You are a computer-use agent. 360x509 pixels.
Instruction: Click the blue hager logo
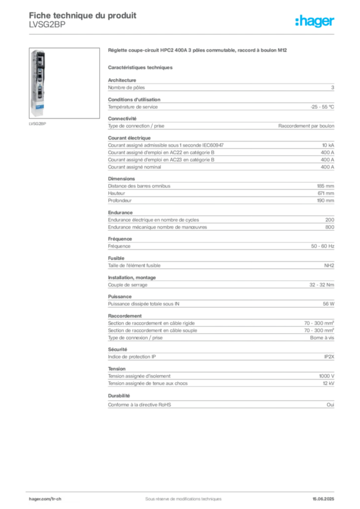click(315, 21)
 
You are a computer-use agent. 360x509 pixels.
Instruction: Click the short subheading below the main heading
click(141, 67)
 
